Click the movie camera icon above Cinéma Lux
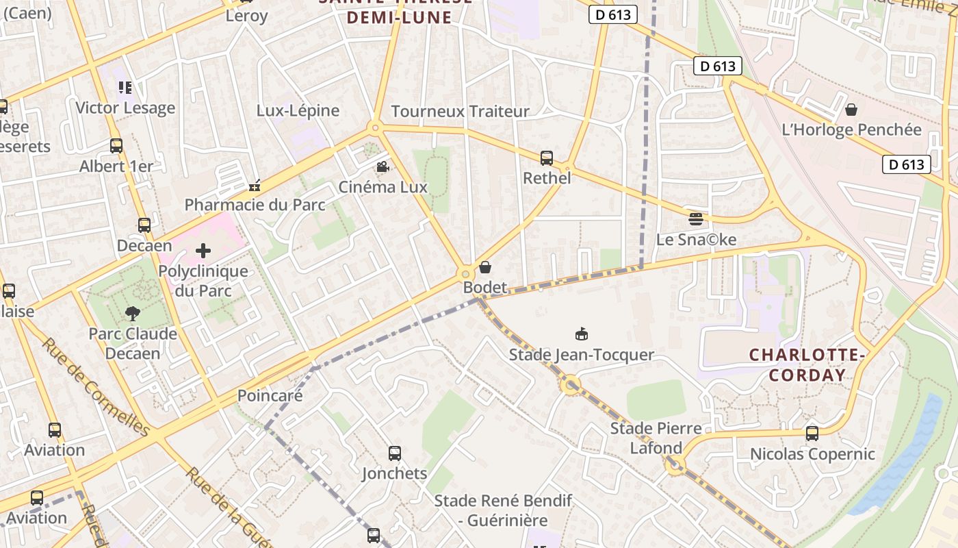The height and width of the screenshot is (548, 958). [x=382, y=167]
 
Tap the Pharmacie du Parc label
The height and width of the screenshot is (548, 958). [x=255, y=205]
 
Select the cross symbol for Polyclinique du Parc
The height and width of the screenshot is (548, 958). [x=203, y=251]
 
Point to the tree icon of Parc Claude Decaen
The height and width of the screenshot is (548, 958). [x=133, y=314]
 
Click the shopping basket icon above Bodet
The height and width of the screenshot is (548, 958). [x=485, y=267]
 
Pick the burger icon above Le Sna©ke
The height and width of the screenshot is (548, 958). [x=696, y=219]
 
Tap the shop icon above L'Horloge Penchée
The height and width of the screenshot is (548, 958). [x=851, y=110]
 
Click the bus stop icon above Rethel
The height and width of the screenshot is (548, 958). [x=546, y=158]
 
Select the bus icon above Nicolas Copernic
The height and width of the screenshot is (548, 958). [x=812, y=434]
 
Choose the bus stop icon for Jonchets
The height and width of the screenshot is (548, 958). [x=395, y=453]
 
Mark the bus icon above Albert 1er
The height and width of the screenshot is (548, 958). [x=116, y=146]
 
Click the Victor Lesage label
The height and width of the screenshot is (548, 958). [x=125, y=108]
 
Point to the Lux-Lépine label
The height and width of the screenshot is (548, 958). [x=298, y=110]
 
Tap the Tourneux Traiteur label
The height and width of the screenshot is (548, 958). [x=460, y=111]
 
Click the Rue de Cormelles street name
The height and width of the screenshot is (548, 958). [x=96, y=386]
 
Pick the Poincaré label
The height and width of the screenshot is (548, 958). [x=270, y=395]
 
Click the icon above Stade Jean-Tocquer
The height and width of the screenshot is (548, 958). [x=582, y=334]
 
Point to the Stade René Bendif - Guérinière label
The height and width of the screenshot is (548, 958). [x=503, y=510]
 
